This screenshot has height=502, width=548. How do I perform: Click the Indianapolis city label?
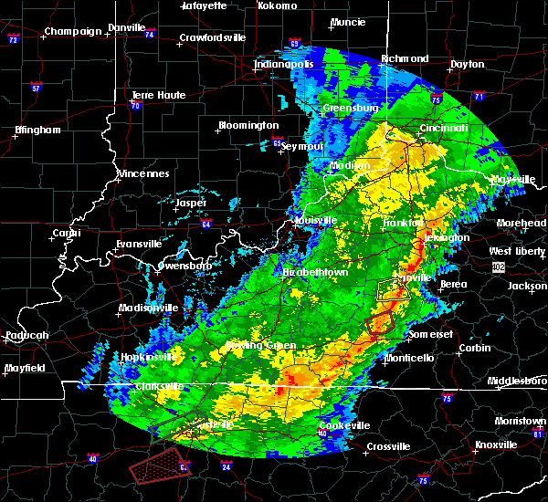coord(284,64)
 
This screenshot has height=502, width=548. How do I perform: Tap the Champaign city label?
coord(74,31)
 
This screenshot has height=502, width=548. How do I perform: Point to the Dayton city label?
coord(467,64)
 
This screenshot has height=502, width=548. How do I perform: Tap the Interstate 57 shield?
coord(36,89)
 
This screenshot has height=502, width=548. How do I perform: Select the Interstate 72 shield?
coord(13,40)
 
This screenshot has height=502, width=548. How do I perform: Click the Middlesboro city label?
coord(517,380)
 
